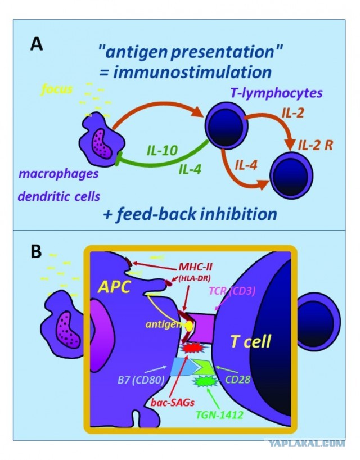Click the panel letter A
tap(37, 45)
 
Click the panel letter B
tap(36, 251)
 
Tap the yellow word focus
tap(57, 89)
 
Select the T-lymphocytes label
tap(276, 93)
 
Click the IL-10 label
tap(162, 151)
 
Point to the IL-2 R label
tap(316, 145)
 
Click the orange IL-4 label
tap(246, 166)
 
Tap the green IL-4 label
tap(190, 169)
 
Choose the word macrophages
tap(58, 174)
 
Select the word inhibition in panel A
tap(238, 214)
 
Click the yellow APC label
tap(114, 287)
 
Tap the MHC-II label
tap(195, 268)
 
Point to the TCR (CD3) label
tap(232, 291)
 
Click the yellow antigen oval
tap(189, 326)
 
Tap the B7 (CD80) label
tap(141, 380)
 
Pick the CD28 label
tap(237, 380)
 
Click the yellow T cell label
tap(250, 341)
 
